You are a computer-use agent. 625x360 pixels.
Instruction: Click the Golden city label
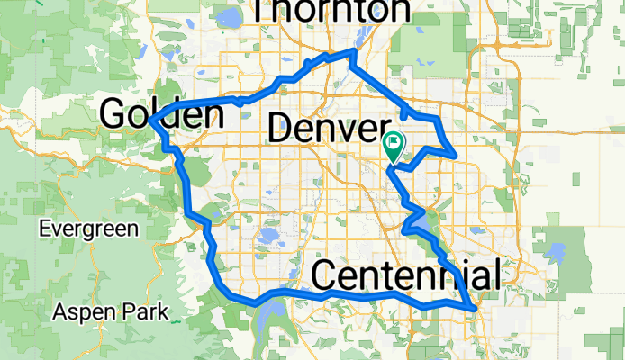[x=162, y=114]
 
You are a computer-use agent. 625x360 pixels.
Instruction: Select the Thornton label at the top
[x=331, y=10]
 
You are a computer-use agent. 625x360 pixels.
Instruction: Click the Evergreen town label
[x=88, y=229]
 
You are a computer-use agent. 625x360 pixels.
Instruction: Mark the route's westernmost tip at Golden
[x=151, y=121]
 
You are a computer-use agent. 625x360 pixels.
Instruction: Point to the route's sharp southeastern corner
[x=474, y=308]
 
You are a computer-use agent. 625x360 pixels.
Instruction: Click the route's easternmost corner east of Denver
[x=457, y=156]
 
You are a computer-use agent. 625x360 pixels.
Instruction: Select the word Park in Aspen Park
[x=148, y=312]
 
